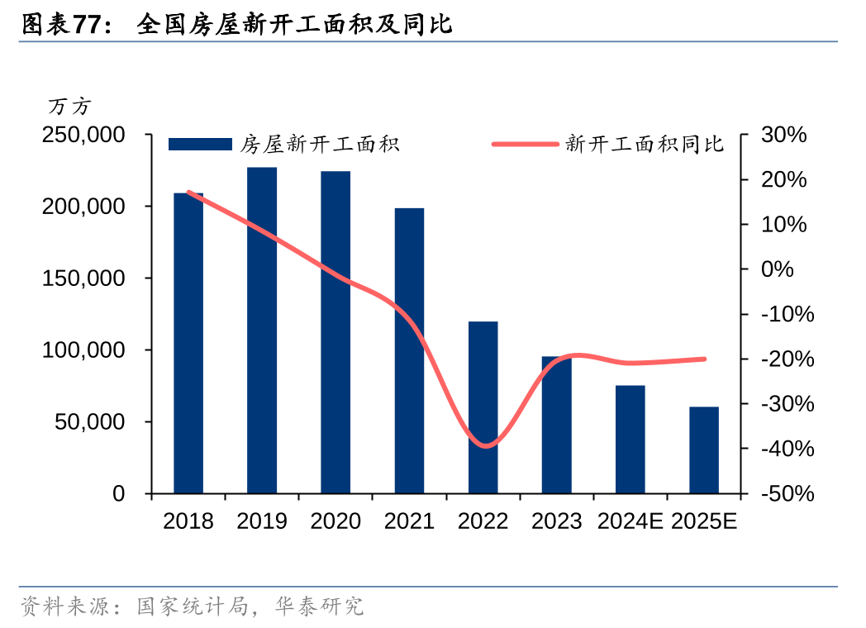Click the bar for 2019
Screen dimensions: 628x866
(x=262, y=331)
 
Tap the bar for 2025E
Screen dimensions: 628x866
(x=704, y=450)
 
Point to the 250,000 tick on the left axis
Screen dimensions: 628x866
(x=83, y=134)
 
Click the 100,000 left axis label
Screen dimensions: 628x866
(x=83, y=350)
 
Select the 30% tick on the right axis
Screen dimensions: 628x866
(x=783, y=134)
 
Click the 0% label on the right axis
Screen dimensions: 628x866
(x=778, y=269)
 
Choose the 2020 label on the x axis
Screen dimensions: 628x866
(x=335, y=521)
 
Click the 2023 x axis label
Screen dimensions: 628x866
(x=557, y=521)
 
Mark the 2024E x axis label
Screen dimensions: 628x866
(x=630, y=521)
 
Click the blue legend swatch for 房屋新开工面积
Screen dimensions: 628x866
(x=200, y=145)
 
